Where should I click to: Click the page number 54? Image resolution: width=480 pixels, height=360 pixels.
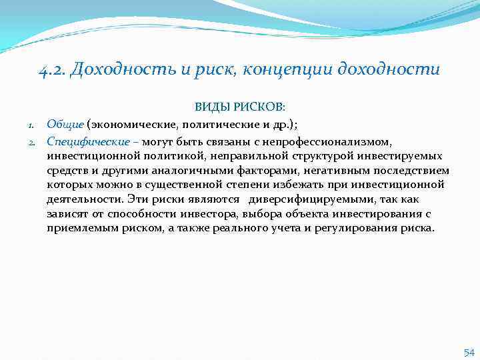(x=469, y=351)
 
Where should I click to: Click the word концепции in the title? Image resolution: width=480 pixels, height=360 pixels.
(x=303, y=70)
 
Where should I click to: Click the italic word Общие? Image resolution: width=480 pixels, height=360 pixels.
(x=65, y=124)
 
